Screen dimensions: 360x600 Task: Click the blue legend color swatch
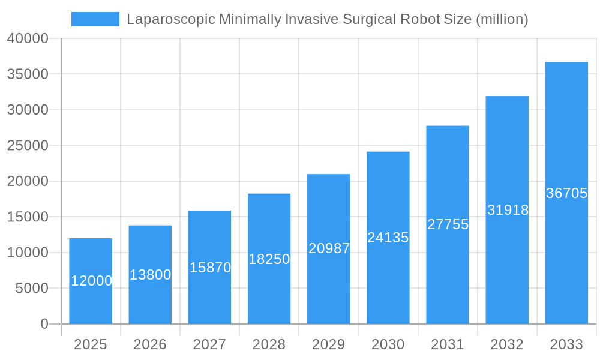[x=95, y=19]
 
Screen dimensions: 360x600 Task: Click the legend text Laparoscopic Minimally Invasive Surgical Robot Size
[x=327, y=19]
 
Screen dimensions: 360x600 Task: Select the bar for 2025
[x=91, y=281]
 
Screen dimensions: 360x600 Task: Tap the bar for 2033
[x=566, y=193]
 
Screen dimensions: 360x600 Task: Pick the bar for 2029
[x=328, y=249]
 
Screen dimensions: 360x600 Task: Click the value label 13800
[x=150, y=275]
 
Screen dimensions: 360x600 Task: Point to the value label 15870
[x=210, y=268]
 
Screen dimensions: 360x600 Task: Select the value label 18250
[x=269, y=259]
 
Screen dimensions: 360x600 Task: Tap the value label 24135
[x=388, y=238]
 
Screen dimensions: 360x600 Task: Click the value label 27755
[x=448, y=224]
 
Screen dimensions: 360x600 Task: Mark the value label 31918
[x=508, y=210]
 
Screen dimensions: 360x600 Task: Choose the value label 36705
[x=566, y=193]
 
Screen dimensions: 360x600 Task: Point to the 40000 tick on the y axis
[x=28, y=38]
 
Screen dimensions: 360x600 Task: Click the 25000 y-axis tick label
[x=28, y=146]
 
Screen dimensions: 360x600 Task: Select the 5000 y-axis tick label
[x=31, y=289]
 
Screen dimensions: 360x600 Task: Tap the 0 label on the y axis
[x=44, y=324]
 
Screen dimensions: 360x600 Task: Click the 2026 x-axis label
[x=150, y=344]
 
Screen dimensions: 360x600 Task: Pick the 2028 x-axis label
[x=269, y=344]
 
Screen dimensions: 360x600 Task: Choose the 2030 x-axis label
[x=388, y=344]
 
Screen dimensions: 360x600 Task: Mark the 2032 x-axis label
[x=507, y=344]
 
